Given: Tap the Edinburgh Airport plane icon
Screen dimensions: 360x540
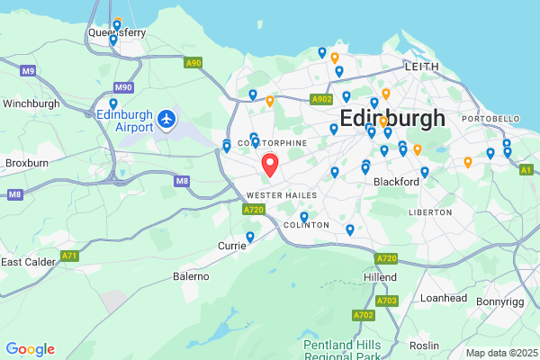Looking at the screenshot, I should (x=166, y=118).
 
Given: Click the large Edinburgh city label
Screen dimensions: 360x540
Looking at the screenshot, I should (x=392, y=118).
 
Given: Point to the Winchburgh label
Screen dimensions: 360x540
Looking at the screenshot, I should (x=31, y=103).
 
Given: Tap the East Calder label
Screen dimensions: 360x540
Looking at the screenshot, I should (x=29, y=262).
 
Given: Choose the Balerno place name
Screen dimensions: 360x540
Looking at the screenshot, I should (x=191, y=275).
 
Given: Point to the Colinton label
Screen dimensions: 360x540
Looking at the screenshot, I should (x=300, y=225).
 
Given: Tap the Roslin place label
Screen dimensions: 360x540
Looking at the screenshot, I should (x=424, y=345).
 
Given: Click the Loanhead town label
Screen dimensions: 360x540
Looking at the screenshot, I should (x=442, y=297).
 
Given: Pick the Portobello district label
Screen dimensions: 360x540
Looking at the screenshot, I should (x=490, y=119).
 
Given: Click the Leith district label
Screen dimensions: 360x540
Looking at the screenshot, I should (x=422, y=67).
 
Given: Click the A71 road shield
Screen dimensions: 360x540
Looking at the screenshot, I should (x=69, y=256).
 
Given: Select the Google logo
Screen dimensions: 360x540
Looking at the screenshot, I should (x=30, y=349).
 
